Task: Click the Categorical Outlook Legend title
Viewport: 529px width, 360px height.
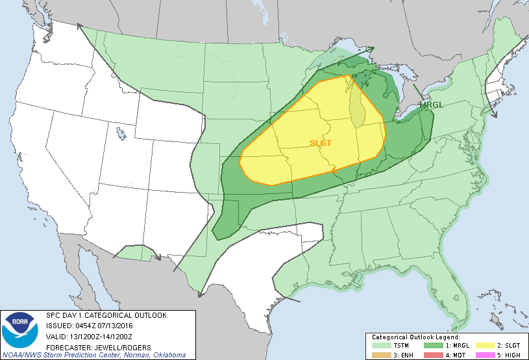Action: (415, 337)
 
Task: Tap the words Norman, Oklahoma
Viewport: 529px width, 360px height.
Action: (156, 355)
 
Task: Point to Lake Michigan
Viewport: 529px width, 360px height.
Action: (356, 107)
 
